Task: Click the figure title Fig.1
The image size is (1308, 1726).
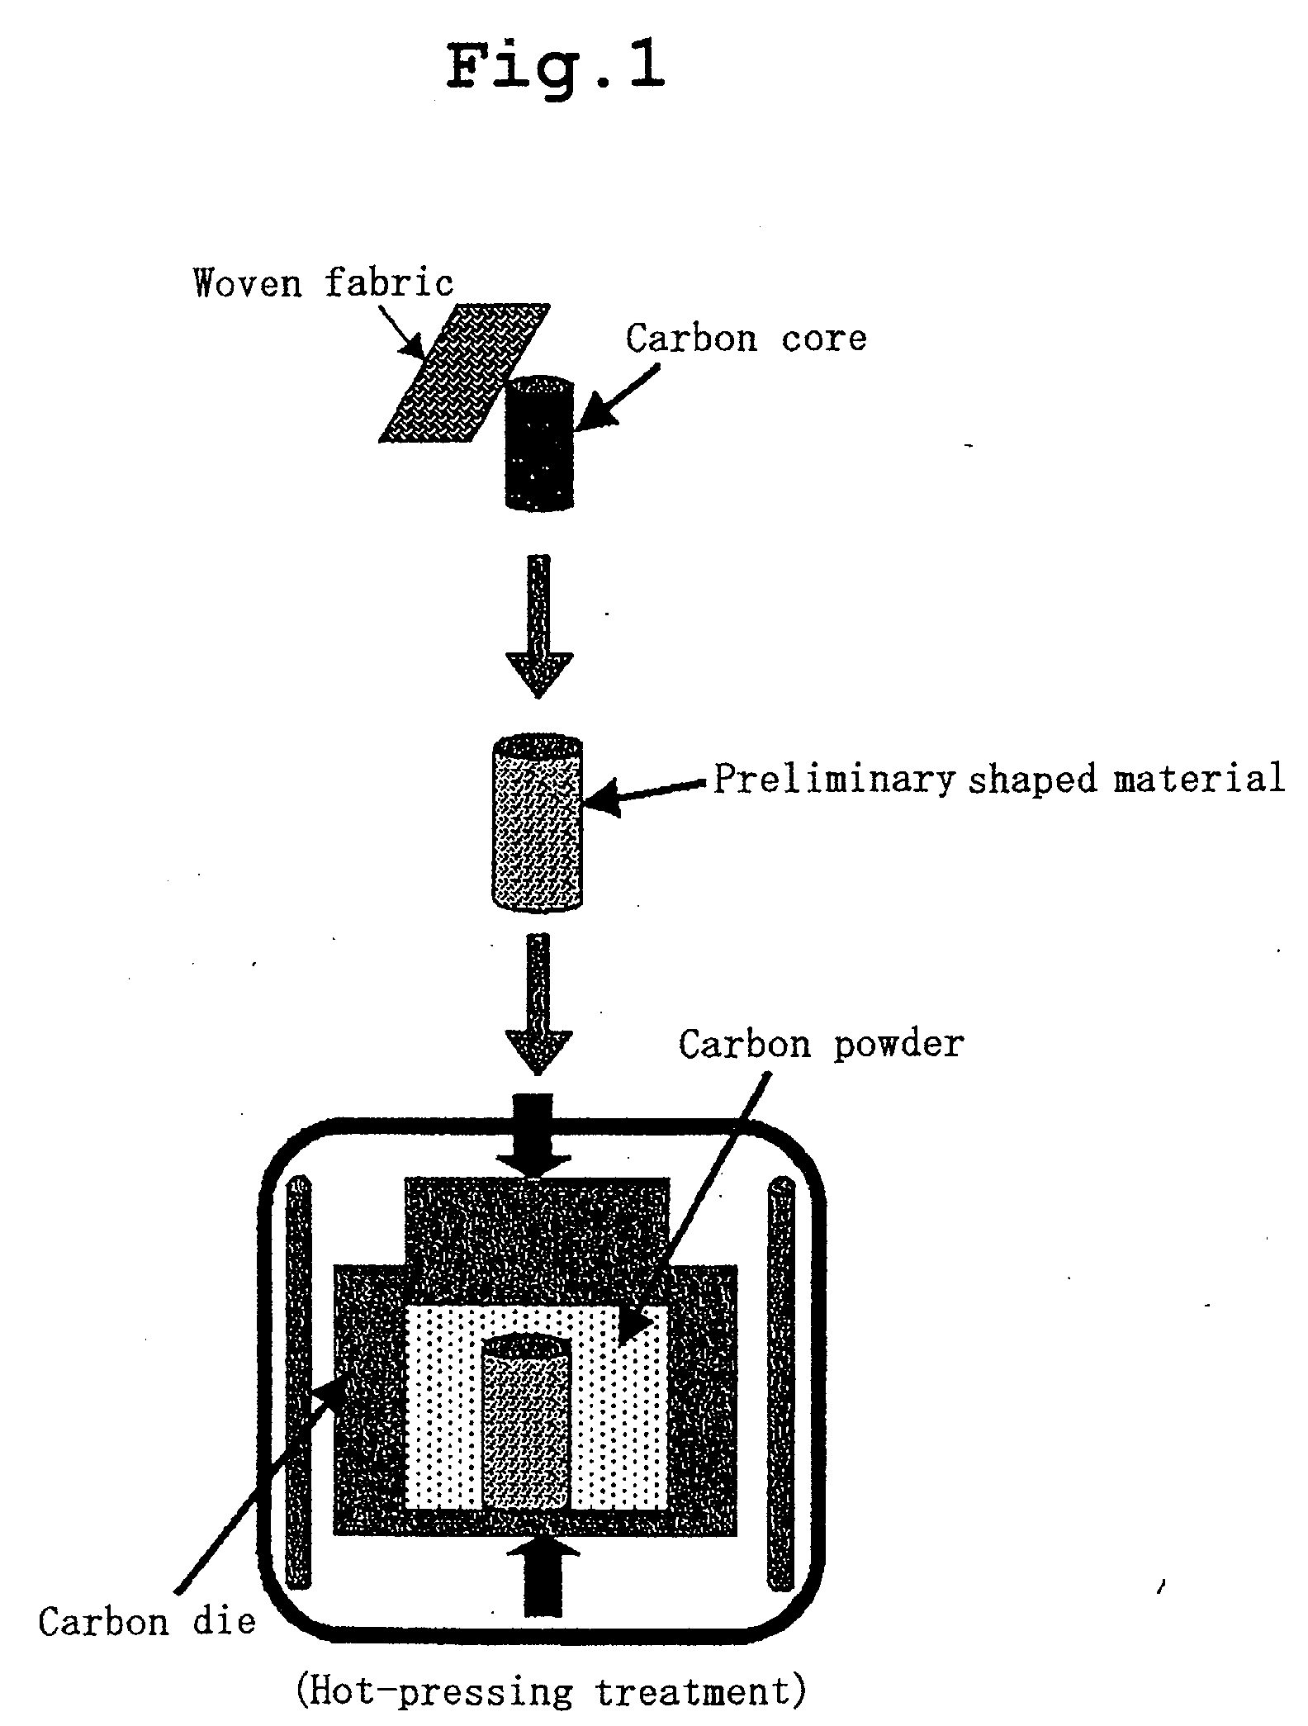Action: point(555,67)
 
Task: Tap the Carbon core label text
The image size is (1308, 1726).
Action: point(746,338)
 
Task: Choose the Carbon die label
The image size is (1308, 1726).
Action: point(147,1621)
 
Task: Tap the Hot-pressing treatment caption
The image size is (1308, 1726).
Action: point(551,1692)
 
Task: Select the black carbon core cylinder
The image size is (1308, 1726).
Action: point(539,443)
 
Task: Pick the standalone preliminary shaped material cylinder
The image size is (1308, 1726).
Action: point(537,823)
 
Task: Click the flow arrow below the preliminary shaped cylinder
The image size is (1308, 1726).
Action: point(538,1004)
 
